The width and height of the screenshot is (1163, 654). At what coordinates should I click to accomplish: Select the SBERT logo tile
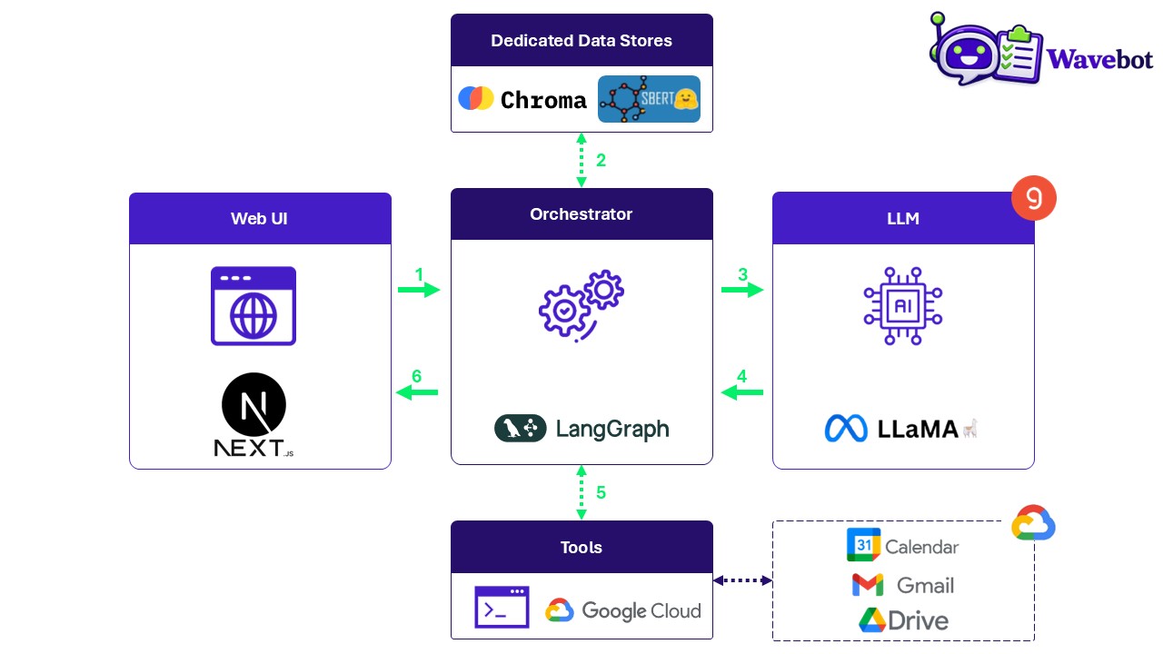pos(649,99)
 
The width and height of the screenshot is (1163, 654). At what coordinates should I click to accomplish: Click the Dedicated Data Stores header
pos(581,40)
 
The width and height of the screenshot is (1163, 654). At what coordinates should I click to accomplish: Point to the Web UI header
pos(260,219)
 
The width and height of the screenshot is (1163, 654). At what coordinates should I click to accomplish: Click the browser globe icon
pos(253,306)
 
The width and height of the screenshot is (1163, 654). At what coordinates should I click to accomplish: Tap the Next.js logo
pos(253,414)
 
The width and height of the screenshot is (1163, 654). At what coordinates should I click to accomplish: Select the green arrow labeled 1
pos(419,290)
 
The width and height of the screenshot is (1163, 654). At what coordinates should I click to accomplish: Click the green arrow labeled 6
pos(417,392)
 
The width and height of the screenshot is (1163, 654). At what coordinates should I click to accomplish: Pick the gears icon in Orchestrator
pos(581,305)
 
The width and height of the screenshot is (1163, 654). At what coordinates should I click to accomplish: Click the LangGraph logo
pos(581,428)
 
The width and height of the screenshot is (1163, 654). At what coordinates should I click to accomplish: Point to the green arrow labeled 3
pos(742,290)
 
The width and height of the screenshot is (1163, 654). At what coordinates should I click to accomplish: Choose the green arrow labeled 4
pos(742,392)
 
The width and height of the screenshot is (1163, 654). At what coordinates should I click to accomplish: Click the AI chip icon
pos(902,305)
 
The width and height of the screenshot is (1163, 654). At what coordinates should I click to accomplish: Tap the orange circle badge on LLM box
pos(1034,197)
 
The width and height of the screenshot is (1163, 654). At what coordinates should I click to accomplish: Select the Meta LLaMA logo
pos(901,428)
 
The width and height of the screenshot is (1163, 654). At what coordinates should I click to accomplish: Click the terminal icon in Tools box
pos(502,608)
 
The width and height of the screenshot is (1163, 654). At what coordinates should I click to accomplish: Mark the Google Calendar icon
pos(863,545)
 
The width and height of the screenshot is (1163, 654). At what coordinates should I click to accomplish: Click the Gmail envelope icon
pos(868,585)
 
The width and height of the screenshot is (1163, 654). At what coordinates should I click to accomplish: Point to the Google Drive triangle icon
pos(872,620)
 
